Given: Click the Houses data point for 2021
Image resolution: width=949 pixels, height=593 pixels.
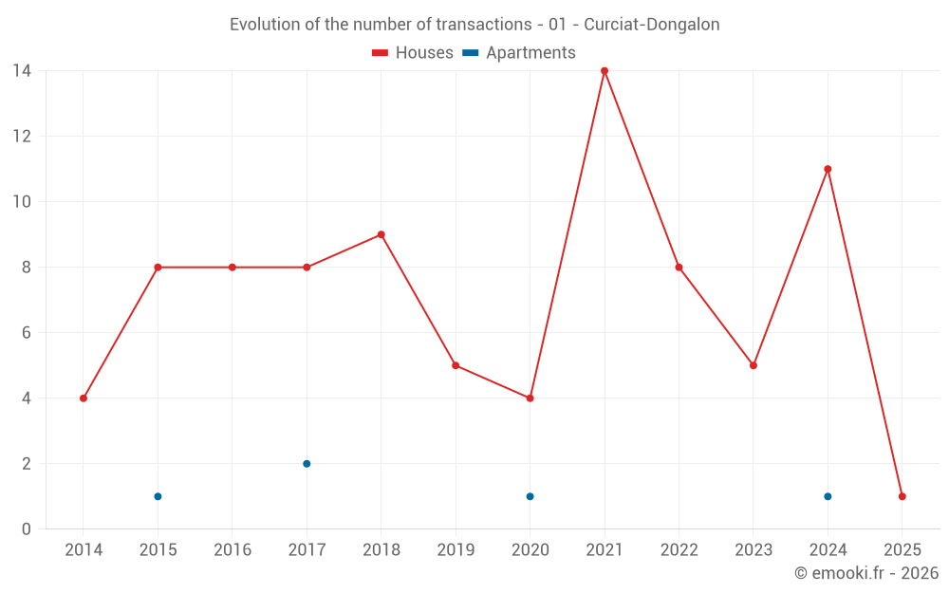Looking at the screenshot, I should pos(605,71).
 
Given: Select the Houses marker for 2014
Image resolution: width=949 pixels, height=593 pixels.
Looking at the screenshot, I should pos(84,398).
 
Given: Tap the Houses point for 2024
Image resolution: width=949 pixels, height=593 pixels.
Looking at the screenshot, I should pos(828,169).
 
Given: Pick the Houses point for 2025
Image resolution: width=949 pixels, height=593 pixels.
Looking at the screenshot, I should pos(902,496).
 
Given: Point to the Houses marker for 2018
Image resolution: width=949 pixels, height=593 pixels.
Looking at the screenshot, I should pos(381,234).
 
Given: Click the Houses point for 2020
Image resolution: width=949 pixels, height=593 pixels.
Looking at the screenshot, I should pos(530,398).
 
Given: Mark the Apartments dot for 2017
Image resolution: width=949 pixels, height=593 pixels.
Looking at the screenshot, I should pos(307,464).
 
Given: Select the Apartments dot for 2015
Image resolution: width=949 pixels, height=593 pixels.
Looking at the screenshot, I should pos(158,496).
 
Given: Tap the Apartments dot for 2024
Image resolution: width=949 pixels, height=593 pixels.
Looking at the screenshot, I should pos(828,496).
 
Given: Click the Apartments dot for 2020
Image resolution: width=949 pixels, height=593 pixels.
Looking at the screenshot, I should pos(530,496).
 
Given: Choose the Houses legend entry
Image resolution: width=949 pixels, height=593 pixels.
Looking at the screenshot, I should pos(413,53).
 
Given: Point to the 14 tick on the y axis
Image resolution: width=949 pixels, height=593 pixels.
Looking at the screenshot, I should pos(21,70).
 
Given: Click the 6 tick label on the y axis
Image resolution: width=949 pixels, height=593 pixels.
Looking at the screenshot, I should pos(26,333).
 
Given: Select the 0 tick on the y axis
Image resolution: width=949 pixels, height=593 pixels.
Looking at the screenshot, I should pos(26,529).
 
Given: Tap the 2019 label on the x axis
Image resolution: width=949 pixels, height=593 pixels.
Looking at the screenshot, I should pos(456,550).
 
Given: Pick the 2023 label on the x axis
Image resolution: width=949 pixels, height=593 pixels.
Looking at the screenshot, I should pos(754,550).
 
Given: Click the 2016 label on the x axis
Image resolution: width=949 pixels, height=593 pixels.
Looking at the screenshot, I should pos(233,550).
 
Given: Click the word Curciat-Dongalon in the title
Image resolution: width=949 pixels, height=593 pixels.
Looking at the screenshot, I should pos(655,25).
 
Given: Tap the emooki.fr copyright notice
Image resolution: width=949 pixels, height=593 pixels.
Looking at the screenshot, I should pos(866,573).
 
